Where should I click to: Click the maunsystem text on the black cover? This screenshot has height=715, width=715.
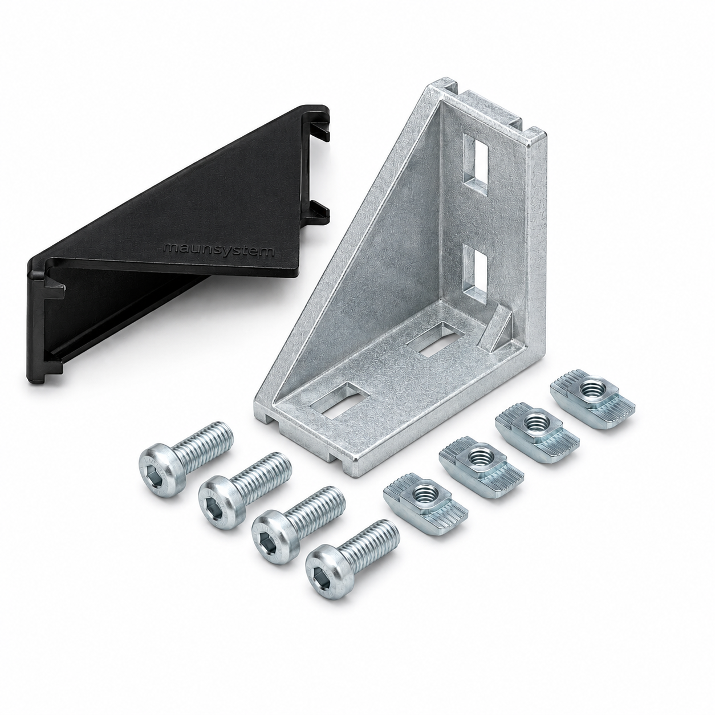click(x=219, y=250)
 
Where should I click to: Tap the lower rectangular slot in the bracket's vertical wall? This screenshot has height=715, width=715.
click(x=477, y=273)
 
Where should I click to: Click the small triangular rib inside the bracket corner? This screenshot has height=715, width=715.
click(x=497, y=327)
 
